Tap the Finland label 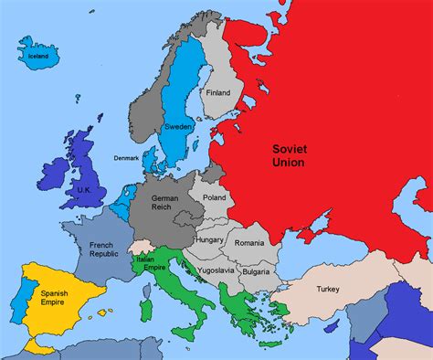pyautogui.click(x=218, y=92)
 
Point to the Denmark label pyautogui.click(x=127, y=157)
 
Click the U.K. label pyautogui.click(x=85, y=189)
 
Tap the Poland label pyautogui.click(x=214, y=196)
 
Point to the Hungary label pyautogui.click(x=209, y=239)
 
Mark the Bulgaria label pyautogui.click(x=256, y=271)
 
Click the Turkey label pyautogui.click(x=327, y=289)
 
